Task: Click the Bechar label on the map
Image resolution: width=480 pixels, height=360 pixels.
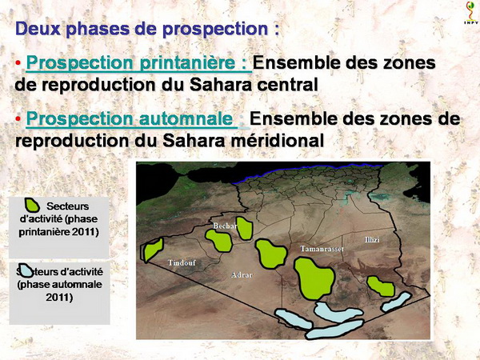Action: [x=226, y=226]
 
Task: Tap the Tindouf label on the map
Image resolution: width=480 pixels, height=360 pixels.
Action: [x=182, y=262]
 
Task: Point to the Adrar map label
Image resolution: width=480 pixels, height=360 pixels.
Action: [x=242, y=275]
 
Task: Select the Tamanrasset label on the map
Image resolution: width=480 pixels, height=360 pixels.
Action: [x=322, y=249]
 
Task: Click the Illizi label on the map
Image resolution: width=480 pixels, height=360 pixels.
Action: [x=372, y=239]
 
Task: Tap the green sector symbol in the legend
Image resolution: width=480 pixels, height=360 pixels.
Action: [x=32, y=205]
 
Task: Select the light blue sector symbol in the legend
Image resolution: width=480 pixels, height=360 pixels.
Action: [x=26, y=270]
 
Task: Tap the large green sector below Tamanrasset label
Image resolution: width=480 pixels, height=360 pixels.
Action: [x=314, y=278]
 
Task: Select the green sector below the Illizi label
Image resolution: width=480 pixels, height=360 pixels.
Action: [x=381, y=286]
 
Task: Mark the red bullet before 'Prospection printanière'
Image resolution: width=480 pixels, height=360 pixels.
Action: [x=18, y=62]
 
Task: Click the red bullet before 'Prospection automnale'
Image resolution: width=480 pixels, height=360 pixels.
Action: [x=18, y=118]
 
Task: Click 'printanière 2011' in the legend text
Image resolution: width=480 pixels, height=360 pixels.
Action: [x=58, y=232]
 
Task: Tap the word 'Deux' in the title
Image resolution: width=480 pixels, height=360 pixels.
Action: [x=38, y=29]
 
